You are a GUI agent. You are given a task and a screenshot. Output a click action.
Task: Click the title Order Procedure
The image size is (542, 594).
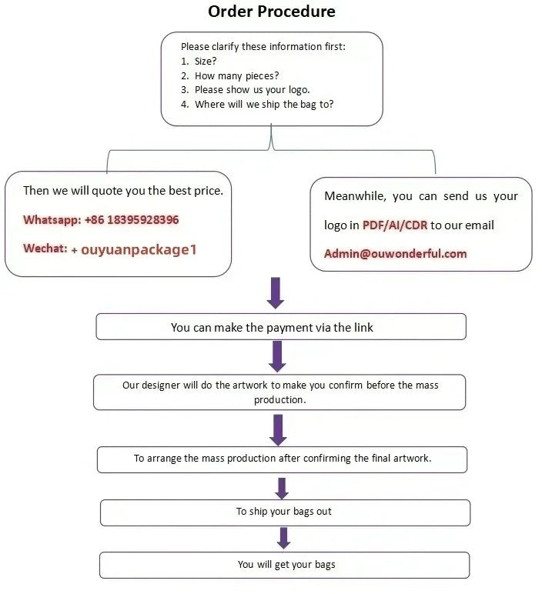(x=272, y=12)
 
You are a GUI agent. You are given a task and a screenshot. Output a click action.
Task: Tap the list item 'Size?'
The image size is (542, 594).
(x=206, y=61)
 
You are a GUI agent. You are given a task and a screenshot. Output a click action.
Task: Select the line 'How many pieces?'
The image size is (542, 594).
(x=236, y=75)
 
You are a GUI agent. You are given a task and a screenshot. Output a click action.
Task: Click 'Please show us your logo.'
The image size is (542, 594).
(x=252, y=90)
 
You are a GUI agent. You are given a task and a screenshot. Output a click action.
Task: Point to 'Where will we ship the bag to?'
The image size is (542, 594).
(x=264, y=105)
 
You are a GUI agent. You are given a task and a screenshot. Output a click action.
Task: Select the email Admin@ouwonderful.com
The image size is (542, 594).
(x=396, y=254)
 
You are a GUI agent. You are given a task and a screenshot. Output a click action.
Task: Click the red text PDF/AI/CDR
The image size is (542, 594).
(x=395, y=225)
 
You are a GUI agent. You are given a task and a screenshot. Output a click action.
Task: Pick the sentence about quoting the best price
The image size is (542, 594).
(x=123, y=190)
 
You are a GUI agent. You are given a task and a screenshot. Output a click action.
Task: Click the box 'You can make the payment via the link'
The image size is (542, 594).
(x=280, y=327)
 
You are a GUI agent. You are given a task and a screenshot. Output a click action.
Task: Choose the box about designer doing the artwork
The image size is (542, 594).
(x=279, y=392)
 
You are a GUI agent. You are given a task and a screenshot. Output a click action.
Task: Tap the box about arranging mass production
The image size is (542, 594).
(x=282, y=459)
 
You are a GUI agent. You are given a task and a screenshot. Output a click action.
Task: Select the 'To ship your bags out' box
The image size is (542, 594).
(x=284, y=512)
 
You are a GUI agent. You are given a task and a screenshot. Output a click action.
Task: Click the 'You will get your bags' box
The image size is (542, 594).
(x=285, y=565)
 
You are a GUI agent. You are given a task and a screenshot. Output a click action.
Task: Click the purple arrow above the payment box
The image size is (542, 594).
(x=276, y=292)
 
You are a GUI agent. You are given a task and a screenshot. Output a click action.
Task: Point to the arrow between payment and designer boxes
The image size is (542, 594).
(x=278, y=356)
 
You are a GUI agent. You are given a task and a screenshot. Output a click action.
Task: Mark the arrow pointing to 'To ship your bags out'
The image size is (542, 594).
(x=282, y=488)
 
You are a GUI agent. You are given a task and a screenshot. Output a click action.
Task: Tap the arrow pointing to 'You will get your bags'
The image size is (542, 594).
(x=283, y=538)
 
